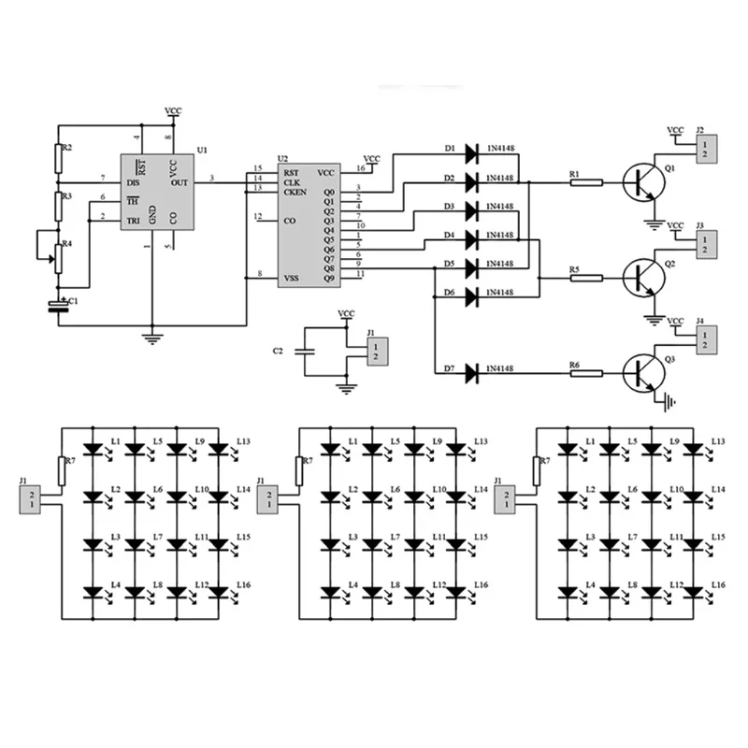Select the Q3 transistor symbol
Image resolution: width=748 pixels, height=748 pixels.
point(643,373)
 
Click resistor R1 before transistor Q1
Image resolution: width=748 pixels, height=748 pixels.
point(586,182)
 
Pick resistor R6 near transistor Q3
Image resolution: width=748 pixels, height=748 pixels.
point(586,373)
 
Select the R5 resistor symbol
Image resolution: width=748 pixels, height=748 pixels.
point(586,278)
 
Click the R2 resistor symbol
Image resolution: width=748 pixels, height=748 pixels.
point(58,161)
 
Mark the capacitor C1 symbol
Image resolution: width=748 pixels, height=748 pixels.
point(58,305)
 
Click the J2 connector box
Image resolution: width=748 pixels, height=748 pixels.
point(703,148)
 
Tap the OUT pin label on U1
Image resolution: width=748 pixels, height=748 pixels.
point(180,181)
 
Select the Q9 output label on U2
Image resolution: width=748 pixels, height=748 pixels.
point(328,278)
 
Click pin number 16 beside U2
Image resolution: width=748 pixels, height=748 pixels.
point(361,169)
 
